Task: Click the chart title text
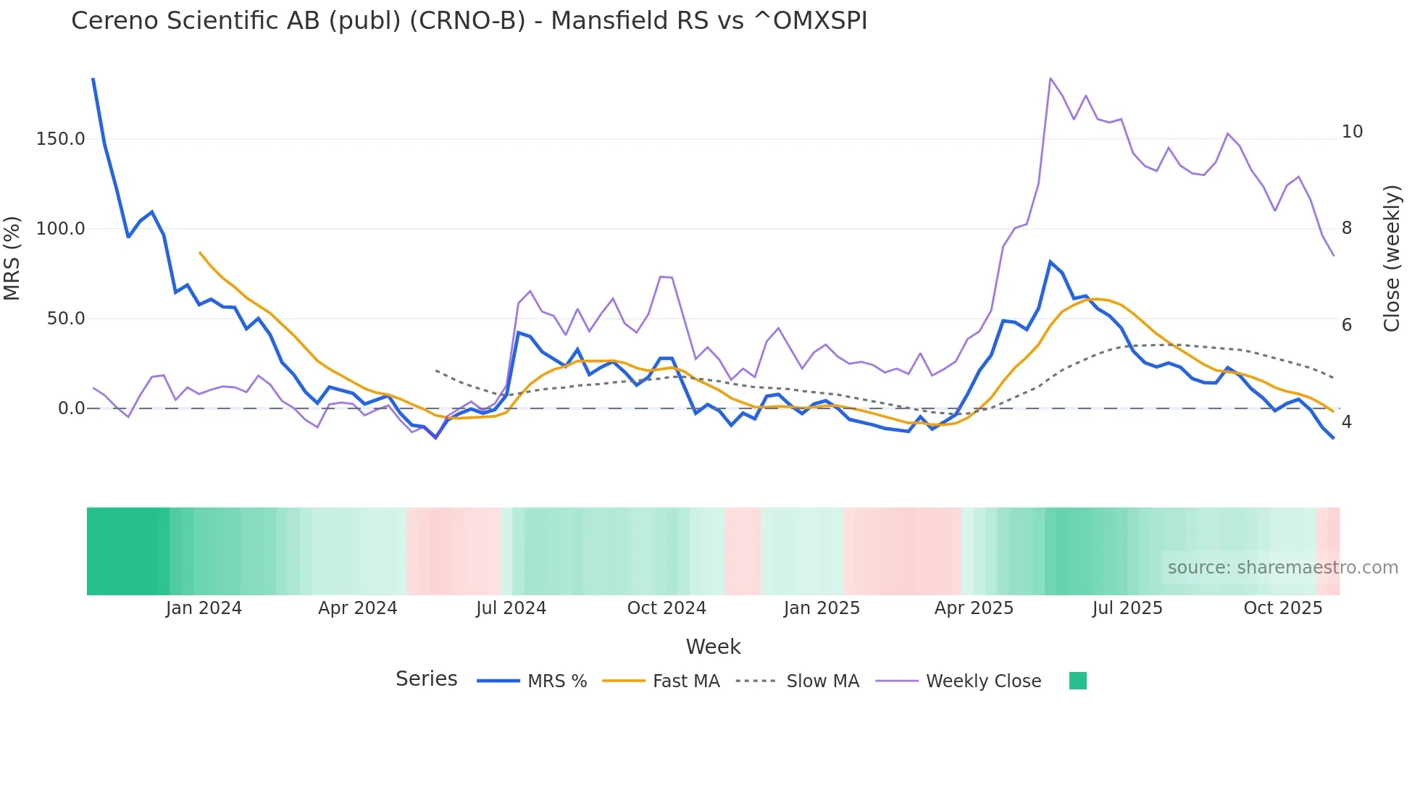pyautogui.click(x=469, y=21)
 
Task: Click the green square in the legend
pyautogui.click(x=1077, y=681)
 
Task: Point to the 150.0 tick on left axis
pyautogui.click(x=61, y=139)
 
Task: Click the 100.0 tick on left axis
pyautogui.click(x=61, y=229)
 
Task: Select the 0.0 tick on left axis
pyautogui.click(x=71, y=408)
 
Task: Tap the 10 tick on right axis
pyautogui.click(x=1352, y=132)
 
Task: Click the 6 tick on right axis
pyautogui.click(x=1347, y=325)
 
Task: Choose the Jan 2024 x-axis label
pyautogui.click(x=204, y=608)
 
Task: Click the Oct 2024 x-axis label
pyautogui.click(x=667, y=608)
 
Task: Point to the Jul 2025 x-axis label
pyautogui.click(x=1127, y=608)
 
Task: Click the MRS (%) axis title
pyautogui.click(x=12, y=258)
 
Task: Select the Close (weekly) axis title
pyautogui.click(x=1392, y=259)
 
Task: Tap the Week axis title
pyautogui.click(x=713, y=647)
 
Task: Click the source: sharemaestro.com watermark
pyautogui.click(x=1282, y=568)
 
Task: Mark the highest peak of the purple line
pyautogui.click(x=1051, y=78)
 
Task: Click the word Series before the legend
pyautogui.click(x=426, y=679)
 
